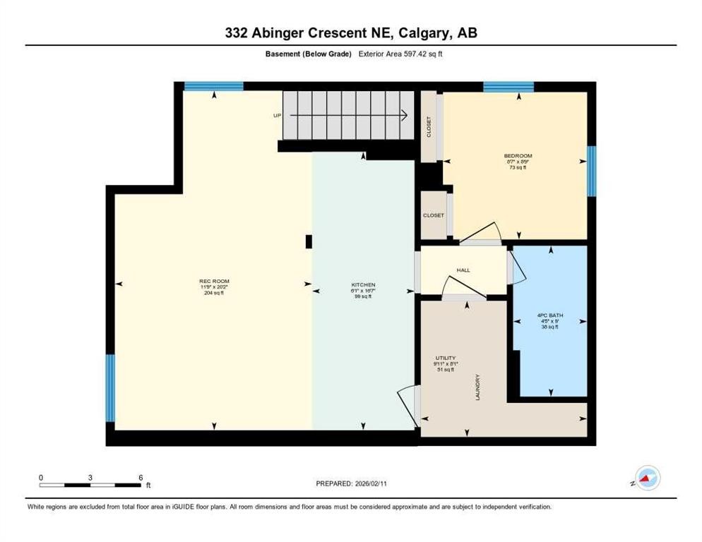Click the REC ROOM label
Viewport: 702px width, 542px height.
214,282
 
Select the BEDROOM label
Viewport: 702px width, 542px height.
518,156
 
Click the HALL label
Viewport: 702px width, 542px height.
463,270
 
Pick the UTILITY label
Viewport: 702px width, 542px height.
445,359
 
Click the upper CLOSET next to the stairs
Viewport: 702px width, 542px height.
429,128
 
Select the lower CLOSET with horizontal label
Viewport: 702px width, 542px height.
433,215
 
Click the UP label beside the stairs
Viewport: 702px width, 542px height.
278,115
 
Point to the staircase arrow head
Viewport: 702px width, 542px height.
407,116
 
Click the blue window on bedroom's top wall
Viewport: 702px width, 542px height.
508,87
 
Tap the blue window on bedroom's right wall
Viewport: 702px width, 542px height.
591,171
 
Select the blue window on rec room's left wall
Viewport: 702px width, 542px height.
110,387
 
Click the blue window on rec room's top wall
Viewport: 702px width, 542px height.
213,86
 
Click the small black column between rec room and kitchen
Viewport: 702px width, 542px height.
309,241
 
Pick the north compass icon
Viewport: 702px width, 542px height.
647,478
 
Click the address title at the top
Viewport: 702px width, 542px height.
350,32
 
